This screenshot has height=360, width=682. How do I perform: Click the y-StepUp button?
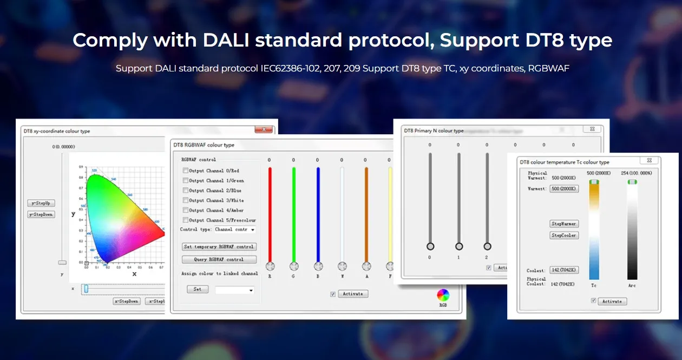click(41, 204)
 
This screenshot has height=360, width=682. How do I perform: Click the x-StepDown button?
click(127, 301)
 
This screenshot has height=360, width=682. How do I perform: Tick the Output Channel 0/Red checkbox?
click(186, 171)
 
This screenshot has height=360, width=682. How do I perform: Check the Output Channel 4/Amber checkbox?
click(186, 210)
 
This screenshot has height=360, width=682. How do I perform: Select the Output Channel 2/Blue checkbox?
click(186, 191)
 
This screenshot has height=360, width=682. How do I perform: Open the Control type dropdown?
click(234, 230)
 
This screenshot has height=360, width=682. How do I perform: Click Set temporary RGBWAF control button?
click(219, 247)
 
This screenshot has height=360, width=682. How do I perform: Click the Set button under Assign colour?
click(197, 289)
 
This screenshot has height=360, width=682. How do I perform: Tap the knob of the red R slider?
click(270, 266)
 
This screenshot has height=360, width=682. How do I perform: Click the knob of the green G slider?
click(294, 266)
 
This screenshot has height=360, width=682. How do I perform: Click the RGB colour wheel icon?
click(443, 295)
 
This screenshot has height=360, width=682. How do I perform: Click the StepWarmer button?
click(564, 224)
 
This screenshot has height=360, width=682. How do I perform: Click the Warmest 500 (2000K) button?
click(564, 189)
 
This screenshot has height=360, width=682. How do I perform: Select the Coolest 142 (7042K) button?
click(564, 270)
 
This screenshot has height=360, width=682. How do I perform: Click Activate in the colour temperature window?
click(612, 302)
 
